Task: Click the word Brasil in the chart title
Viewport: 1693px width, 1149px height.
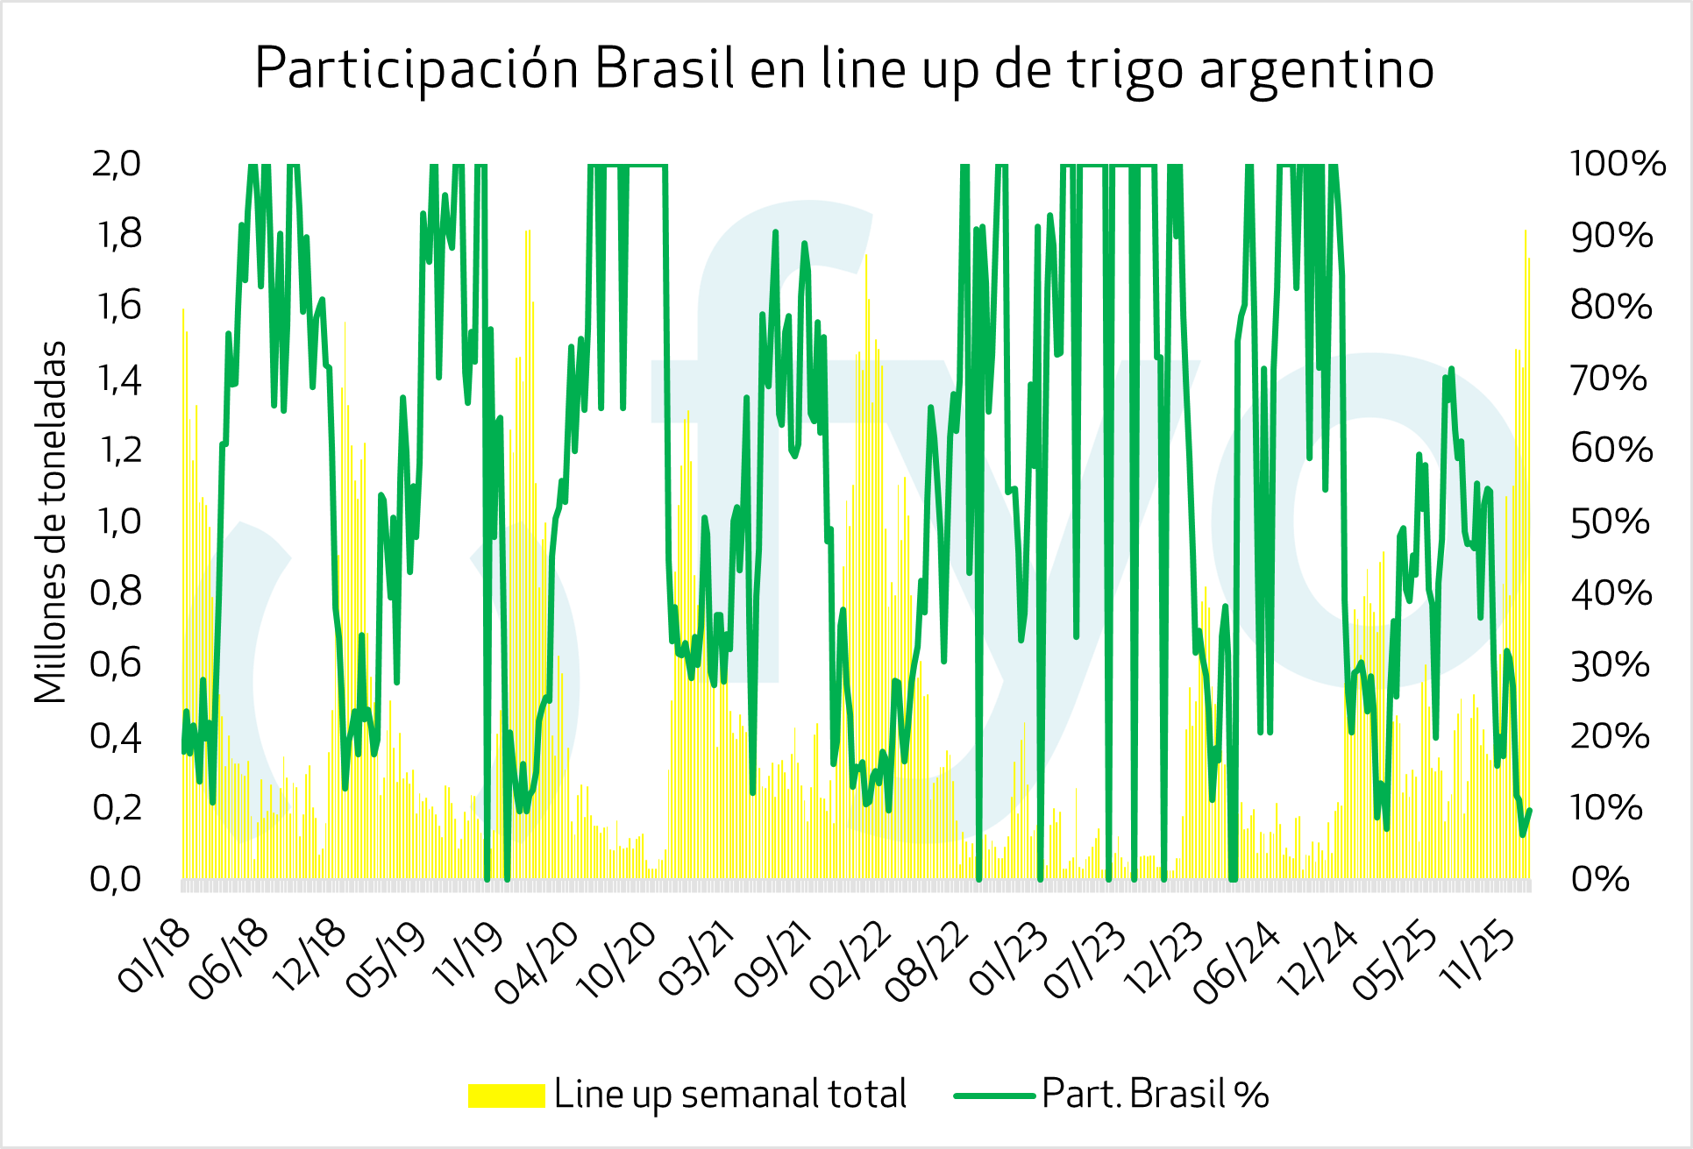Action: coord(665,68)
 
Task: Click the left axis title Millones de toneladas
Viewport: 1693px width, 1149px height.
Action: coord(51,521)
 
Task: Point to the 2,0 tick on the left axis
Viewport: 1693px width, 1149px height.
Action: coord(116,164)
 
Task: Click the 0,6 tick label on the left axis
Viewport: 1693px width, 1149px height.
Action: coord(116,664)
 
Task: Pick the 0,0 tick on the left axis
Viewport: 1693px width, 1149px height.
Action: coord(116,878)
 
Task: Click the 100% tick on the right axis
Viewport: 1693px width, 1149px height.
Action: coord(1617,164)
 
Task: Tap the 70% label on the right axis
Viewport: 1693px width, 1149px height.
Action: coord(1610,379)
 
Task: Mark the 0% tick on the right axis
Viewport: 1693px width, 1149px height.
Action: coord(1600,878)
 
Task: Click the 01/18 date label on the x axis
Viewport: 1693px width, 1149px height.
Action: coord(154,957)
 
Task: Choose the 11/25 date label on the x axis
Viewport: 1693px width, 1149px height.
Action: coord(1479,957)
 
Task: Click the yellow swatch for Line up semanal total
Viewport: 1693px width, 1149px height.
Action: coord(506,1096)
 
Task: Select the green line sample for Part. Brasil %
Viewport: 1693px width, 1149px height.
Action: coord(993,1096)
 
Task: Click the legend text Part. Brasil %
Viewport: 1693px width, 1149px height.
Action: coord(1155,1096)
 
